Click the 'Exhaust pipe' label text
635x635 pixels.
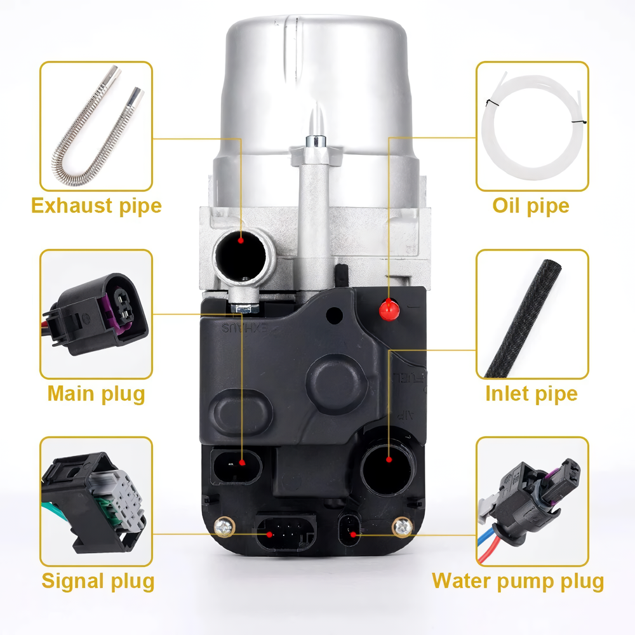click(97, 205)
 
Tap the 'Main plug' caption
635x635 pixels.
click(97, 394)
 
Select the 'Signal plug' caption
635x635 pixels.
click(98, 581)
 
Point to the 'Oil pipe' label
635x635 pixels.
click(531, 206)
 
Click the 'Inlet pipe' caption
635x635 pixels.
click(531, 394)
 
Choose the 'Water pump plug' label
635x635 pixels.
click(518, 581)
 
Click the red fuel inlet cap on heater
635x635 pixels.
click(389, 311)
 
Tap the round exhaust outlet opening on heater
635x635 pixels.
click(241, 254)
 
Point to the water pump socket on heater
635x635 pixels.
click(349, 530)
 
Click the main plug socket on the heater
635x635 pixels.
click(236, 467)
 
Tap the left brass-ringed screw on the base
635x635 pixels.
click(224, 527)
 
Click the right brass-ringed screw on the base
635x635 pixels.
click(403, 527)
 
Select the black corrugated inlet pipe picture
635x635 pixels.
click(524, 319)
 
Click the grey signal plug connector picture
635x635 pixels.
click(94, 503)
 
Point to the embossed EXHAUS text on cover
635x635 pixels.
click(245, 328)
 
